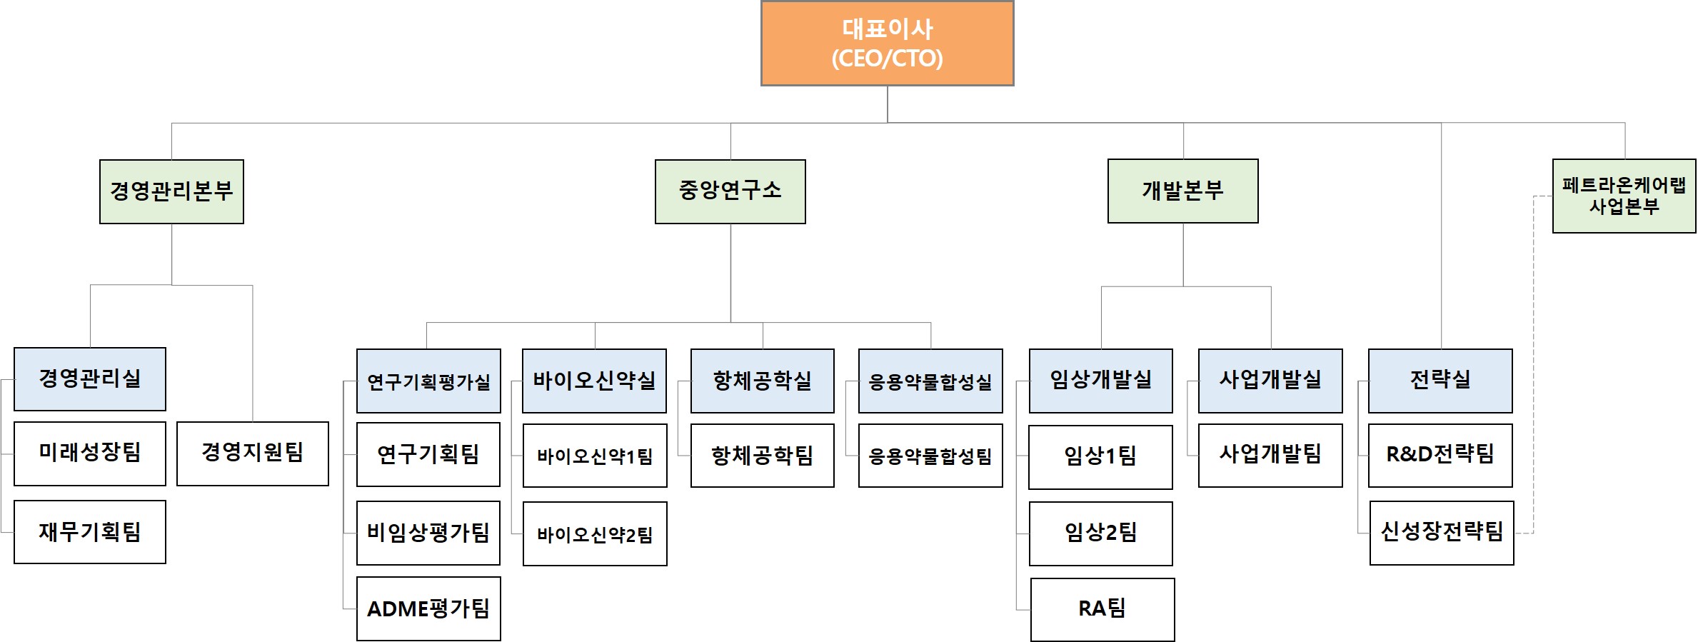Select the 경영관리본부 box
coord(171,191)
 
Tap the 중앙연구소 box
coord(730,191)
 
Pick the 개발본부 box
coord(1182,191)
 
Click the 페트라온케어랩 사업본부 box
coord(1624,196)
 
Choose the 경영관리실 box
coord(90,378)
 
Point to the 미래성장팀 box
coord(90,453)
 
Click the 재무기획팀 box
coord(90,532)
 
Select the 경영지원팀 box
coord(253,453)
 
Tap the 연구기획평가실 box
coord(428,381)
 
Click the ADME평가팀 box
coord(428,608)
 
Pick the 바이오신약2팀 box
coord(595,534)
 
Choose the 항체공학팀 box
coord(762,456)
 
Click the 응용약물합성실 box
coord(930,381)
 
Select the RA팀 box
coord(1102,609)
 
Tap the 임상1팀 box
coord(1100,457)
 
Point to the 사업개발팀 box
coord(1270,456)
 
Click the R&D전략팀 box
coord(1440,456)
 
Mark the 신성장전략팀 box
coord(1442,533)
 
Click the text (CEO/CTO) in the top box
coord(887,59)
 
